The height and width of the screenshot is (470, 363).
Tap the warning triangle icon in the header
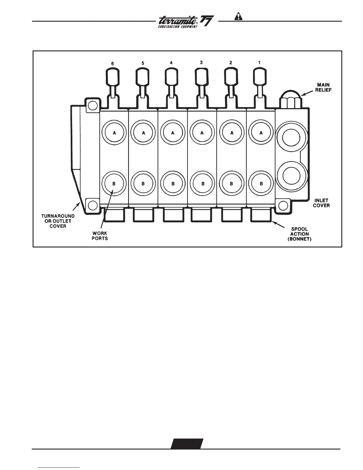(x=238, y=17)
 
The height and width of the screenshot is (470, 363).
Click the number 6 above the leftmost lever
(x=112, y=63)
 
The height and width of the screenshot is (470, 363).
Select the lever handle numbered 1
(x=260, y=77)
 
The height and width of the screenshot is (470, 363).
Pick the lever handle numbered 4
(x=171, y=77)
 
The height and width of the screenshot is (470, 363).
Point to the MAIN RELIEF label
(x=323, y=87)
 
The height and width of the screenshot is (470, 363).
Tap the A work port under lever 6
(x=114, y=133)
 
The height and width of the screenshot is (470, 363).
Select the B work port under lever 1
(x=261, y=184)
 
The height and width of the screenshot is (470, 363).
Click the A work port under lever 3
(x=202, y=133)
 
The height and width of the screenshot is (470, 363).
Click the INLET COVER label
(x=321, y=203)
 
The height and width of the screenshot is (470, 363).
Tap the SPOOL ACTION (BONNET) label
(x=300, y=234)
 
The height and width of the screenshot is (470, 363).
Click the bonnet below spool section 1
(x=261, y=215)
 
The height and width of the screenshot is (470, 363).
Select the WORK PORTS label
(x=100, y=236)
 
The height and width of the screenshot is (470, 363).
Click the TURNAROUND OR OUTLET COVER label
(x=58, y=221)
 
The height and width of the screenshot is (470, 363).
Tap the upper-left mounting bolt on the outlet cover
(x=92, y=105)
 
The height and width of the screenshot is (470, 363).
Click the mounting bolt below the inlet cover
(x=283, y=205)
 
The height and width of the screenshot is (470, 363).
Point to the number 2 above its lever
(x=231, y=63)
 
